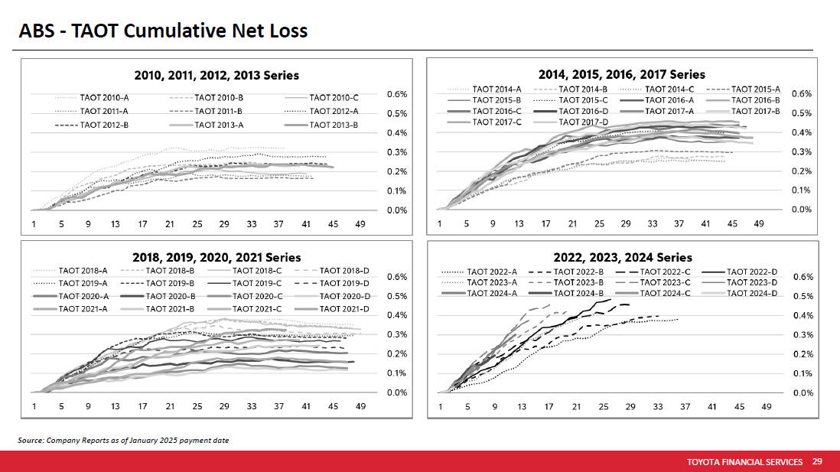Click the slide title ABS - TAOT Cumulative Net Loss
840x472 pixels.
(x=163, y=31)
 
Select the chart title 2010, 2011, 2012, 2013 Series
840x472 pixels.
(x=217, y=75)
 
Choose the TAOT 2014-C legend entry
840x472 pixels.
(x=669, y=90)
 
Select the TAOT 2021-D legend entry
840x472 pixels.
(x=344, y=308)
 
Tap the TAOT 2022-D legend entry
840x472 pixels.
(x=751, y=272)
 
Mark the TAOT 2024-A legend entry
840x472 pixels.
(x=492, y=293)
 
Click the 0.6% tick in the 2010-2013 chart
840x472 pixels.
(x=396, y=95)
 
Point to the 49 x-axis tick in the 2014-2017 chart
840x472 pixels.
(x=759, y=224)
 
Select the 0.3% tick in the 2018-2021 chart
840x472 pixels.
(x=396, y=334)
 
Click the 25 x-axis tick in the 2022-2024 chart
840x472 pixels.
(x=604, y=407)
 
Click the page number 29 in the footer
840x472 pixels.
(x=817, y=462)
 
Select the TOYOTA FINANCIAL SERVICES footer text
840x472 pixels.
(x=744, y=462)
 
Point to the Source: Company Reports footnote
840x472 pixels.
(x=122, y=441)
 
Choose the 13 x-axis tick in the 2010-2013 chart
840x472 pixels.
(x=115, y=224)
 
